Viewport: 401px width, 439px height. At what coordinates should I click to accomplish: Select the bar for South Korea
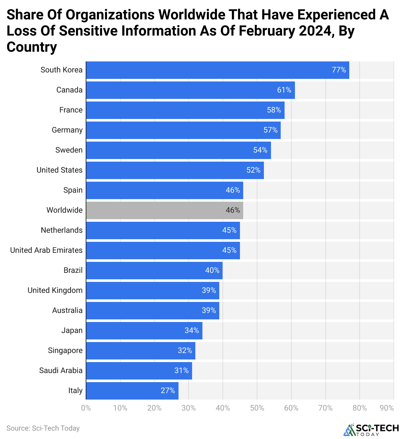217,70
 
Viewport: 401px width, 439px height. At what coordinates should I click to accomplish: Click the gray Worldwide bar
164,210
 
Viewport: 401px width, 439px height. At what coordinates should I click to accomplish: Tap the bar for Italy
132,391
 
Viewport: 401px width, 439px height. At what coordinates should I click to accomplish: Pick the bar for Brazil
154,270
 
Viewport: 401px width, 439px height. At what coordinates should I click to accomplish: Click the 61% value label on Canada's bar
284,90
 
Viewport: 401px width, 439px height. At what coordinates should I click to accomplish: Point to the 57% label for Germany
270,130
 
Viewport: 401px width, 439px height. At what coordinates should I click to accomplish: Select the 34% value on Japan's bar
192,330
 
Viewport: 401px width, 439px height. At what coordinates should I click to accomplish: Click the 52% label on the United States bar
253,170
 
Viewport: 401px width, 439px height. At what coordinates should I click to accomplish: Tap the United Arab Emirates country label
46,250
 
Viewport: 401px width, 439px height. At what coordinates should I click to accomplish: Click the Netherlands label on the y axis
61,230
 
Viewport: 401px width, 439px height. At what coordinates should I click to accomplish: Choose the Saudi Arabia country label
61,370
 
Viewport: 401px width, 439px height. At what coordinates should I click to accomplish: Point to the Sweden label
69,150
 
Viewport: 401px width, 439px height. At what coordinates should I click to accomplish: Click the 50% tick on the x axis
257,408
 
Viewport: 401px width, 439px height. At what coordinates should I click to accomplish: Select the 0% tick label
86,408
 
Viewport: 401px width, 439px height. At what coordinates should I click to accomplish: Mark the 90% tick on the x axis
387,408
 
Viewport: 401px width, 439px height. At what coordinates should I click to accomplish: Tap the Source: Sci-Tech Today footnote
43,428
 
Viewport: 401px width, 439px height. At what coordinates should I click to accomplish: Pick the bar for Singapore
140,350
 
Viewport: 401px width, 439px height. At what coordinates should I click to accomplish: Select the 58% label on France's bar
274,110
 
